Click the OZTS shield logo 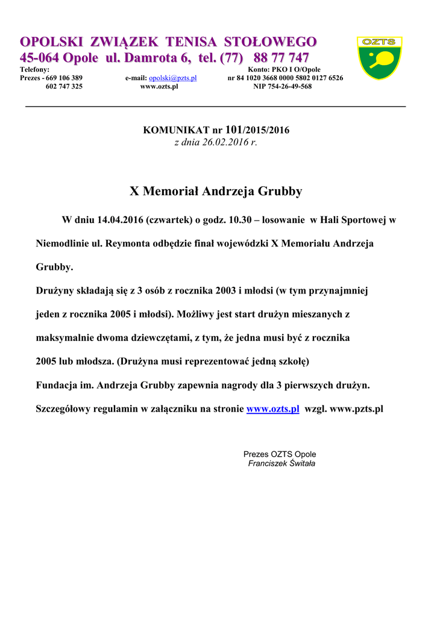379,58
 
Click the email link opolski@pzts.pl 173,78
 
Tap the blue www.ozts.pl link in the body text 273,409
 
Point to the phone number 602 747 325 64,87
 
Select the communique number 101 233,130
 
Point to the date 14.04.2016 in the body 119,221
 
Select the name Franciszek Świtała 281,463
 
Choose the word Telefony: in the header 35,70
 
